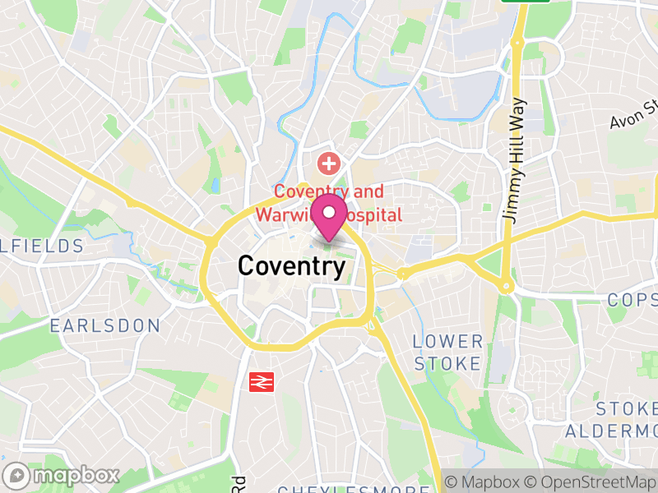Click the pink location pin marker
pyautogui.click(x=330, y=216)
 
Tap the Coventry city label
pyautogui.click(x=291, y=266)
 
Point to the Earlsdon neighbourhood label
pyautogui.click(x=104, y=326)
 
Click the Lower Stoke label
pyautogui.click(x=447, y=352)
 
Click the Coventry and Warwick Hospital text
pyautogui.click(x=328, y=203)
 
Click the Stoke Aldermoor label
pyautogui.click(x=627, y=419)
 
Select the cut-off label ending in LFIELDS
pyautogui.click(x=41, y=246)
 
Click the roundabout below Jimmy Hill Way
pyautogui.click(x=507, y=287)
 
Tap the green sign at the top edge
pyautogui.click(x=526, y=2)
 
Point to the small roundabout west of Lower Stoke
pyautogui.click(x=403, y=274)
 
